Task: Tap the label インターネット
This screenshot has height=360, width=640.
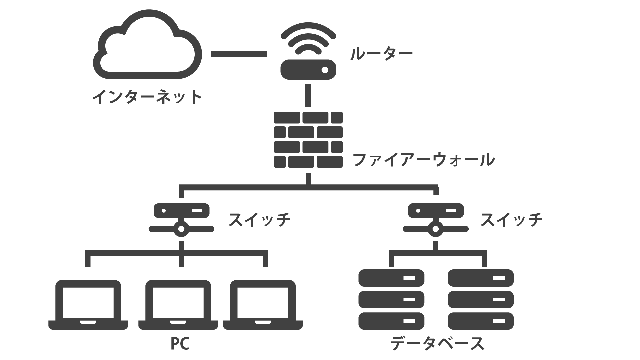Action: [x=147, y=97]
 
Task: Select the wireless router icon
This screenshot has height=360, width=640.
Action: [x=308, y=53]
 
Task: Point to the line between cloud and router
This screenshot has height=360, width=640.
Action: [x=239, y=54]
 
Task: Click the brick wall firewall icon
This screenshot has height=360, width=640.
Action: [x=308, y=140]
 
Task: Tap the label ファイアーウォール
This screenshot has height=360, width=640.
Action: [x=423, y=159]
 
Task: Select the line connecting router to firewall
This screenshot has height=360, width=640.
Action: [x=308, y=95]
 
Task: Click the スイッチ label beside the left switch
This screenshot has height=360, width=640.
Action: [x=260, y=220]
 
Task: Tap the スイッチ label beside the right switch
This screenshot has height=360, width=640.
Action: [x=512, y=220]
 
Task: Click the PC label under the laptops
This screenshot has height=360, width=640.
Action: [x=180, y=344]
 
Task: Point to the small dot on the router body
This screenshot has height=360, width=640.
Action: [x=324, y=70]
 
